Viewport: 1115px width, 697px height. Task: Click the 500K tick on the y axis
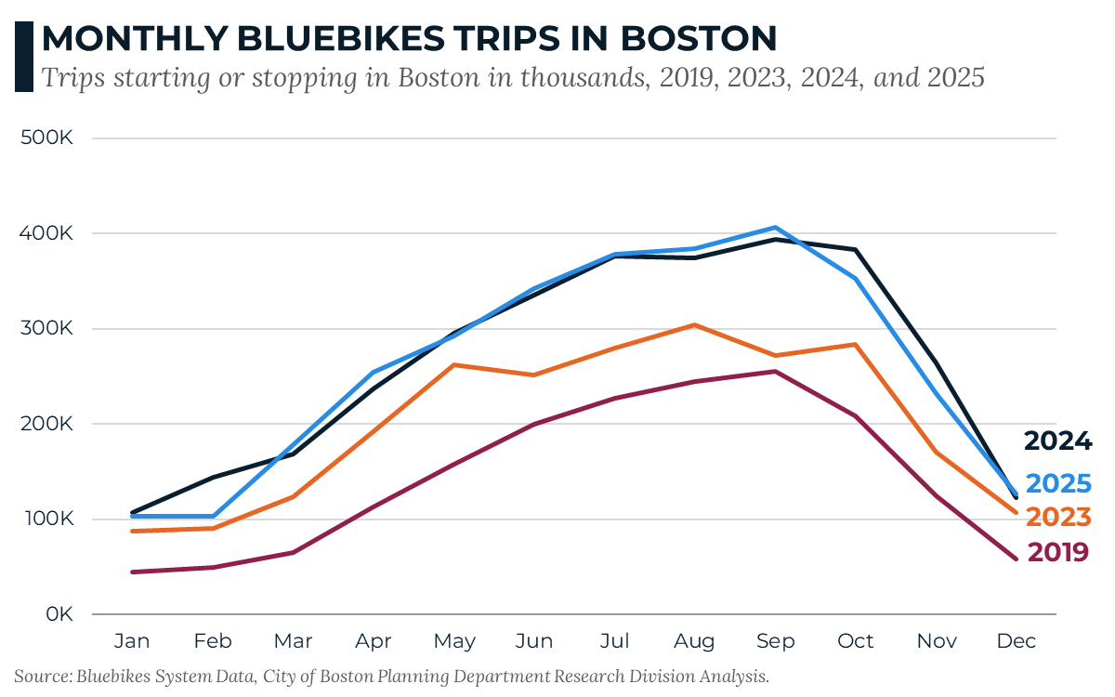pos(51,138)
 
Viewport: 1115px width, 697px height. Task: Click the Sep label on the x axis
pos(775,641)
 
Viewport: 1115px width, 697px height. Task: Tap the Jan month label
pos(133,641)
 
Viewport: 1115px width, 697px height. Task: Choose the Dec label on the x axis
pos(1016,641)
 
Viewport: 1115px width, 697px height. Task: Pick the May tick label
pos(453,641)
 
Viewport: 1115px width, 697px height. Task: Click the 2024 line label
pos(1057,441)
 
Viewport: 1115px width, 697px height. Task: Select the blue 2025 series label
pos(1057,483)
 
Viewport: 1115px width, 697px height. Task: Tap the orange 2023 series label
pos(1057,518)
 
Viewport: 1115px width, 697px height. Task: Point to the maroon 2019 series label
pos(1057,552)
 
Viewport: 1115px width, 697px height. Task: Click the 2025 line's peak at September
pos(775,228)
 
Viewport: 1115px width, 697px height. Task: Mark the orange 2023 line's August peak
pos(694,325)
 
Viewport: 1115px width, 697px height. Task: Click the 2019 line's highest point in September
pos(775,372)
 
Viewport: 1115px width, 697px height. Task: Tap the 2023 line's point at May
pos(453,365)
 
